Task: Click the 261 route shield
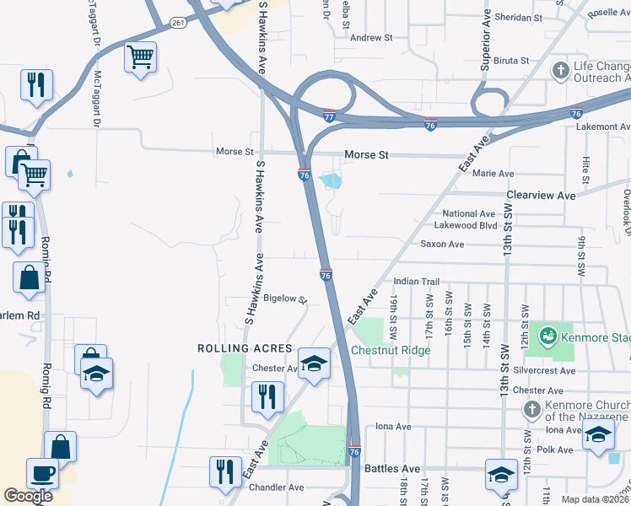pyautogui.click(x=178, y=23)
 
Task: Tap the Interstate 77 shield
pyautogui.click(x=329, y=115)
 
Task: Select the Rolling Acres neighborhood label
pyautogui.click(x=245, y=348)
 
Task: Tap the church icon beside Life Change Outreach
pyautogui.click(x=560, y=71)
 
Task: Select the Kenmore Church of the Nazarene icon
pyautogui.click(x=531, y=410)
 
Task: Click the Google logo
pyautogui.click(x=28, y=496)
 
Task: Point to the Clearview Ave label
pyautogui.click(x=541, y=196)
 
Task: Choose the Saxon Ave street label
pyautogui.click(x=442, y=245)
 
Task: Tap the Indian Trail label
pyautogui.click(x=417, y=282)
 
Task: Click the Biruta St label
pyautogui.click(x=511, y=61)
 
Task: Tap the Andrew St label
pyautogui.click(x=372, y=38)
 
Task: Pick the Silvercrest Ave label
pyautogui.click(x=549, y=370)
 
